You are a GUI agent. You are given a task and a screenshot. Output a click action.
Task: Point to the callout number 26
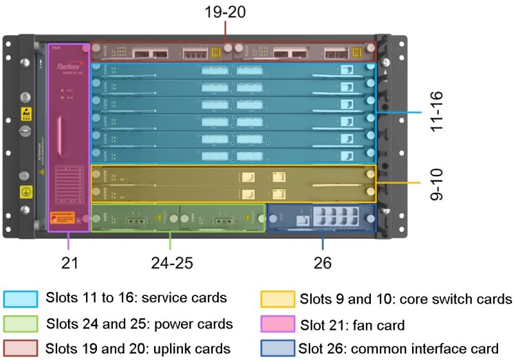tap(323, 262)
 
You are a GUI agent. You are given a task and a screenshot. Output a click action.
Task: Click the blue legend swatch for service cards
tap(21, 299)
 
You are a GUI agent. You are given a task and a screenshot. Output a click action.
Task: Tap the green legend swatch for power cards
tap(21, 324)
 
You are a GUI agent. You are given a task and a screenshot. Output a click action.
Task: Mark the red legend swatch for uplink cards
tap(21, 348)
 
